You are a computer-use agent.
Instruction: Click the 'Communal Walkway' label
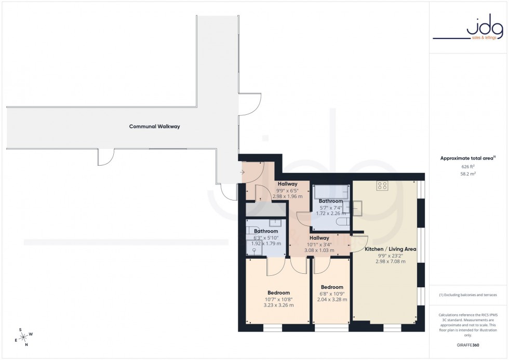[154, 126]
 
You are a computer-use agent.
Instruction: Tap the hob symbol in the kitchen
[383, 185]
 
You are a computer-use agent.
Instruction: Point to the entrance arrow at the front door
[243, 172]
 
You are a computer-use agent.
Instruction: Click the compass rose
[24, 336]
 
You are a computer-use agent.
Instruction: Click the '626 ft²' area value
[468, 167]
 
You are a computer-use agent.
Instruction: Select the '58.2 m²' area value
[468, 174]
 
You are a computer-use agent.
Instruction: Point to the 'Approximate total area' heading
[467, 158]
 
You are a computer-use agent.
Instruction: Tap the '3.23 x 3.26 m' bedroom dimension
[278, 305]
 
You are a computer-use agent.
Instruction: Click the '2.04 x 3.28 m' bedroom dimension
[332, 299]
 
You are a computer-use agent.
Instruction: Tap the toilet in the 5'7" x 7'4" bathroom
[343, 222]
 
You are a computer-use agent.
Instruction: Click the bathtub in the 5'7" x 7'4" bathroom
[330, 193]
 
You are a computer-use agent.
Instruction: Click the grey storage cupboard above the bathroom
[265, 210]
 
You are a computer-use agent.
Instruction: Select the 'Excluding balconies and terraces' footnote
[468, 295]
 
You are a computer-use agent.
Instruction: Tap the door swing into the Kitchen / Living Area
[359, 243]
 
